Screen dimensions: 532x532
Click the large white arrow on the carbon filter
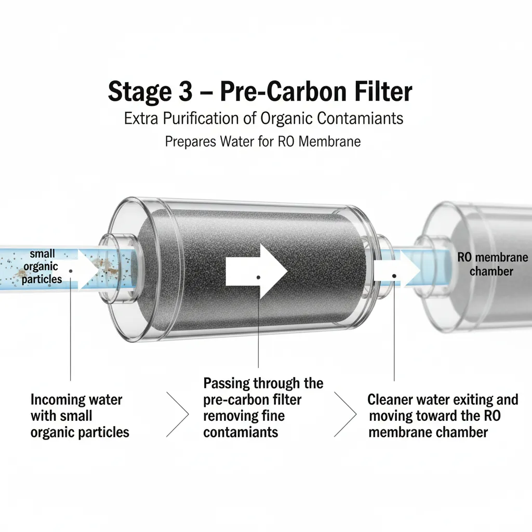257,271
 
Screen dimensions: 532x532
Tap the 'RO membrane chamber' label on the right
485,264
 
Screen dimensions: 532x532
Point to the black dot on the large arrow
258,277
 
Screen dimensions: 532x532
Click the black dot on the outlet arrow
395,277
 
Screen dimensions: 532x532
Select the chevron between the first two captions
178,415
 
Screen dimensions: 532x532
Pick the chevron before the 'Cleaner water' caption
347,415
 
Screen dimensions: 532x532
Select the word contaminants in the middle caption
241,432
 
